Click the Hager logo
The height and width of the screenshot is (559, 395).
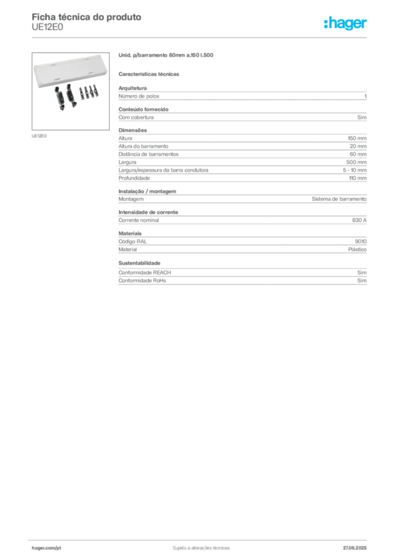pyautogui.click(x=345, y=23)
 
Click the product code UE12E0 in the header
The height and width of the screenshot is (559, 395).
pyautogui.click(x=47, y=27)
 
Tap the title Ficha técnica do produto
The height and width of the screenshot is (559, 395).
pyautogui.click(x=87, y=17)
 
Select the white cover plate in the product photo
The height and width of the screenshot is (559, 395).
pyautogui.click(x=70, y=70)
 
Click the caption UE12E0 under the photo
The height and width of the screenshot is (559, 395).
pyautogui.click(x=39, y=136)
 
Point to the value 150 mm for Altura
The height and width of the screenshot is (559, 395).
pyautogui.click(x=357, y=138)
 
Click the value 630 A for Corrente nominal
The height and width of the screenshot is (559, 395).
pyautogui.click(x=360, y=221)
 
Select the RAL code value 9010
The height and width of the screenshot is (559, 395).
pyautogui.click(x=361, y=241)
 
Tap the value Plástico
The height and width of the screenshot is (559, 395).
pyautogui.click(x=357, y=249)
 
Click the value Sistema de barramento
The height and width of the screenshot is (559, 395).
pyautogui.click(x=339, y=199)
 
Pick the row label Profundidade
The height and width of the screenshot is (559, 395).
pyautogui.click(x=134, y=179)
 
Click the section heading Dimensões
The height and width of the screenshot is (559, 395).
pyautogui.click(x=133, y=130)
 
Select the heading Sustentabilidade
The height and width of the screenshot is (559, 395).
pyautogui.click(x=139, y=263)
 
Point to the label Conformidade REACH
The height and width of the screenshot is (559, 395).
pyautogui.click(x=145, y=273)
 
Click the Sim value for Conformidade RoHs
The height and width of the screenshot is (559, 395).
pyautogui.click(x=362, y=281)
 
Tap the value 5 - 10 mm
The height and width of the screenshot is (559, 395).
pyautogui.click(x=355, y=170)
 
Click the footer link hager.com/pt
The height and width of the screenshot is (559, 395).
pyautogui.click(x=46, y=548)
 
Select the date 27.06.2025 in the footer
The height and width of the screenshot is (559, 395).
pyautogui.click(x=355, y=548)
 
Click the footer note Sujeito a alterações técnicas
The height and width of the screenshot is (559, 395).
pyautogui.click(x=201, y=548)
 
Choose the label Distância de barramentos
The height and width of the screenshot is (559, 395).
pyautogui.click(x=148, y=154)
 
